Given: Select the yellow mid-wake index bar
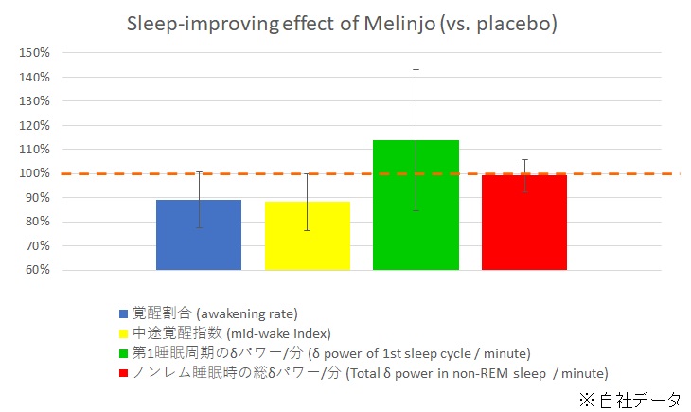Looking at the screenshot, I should pos(307,236).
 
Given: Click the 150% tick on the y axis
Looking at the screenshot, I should pos(34,53).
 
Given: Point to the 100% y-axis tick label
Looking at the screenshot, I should pos(34,173).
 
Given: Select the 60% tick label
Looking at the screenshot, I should pos(37,270).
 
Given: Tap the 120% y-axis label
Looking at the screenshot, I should pos(34,125).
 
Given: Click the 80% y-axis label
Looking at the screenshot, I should pos(37,222).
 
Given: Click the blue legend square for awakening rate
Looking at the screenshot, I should pos(124,313).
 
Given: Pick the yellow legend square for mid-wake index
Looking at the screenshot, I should pos(124,333).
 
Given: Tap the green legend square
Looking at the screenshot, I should pos(124,353).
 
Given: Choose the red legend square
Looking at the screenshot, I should pos(124,373).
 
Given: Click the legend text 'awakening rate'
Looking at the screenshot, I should pos(255,313).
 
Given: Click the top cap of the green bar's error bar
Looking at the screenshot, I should pos(416,69).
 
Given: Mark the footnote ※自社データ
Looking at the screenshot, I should pos(629,400).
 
